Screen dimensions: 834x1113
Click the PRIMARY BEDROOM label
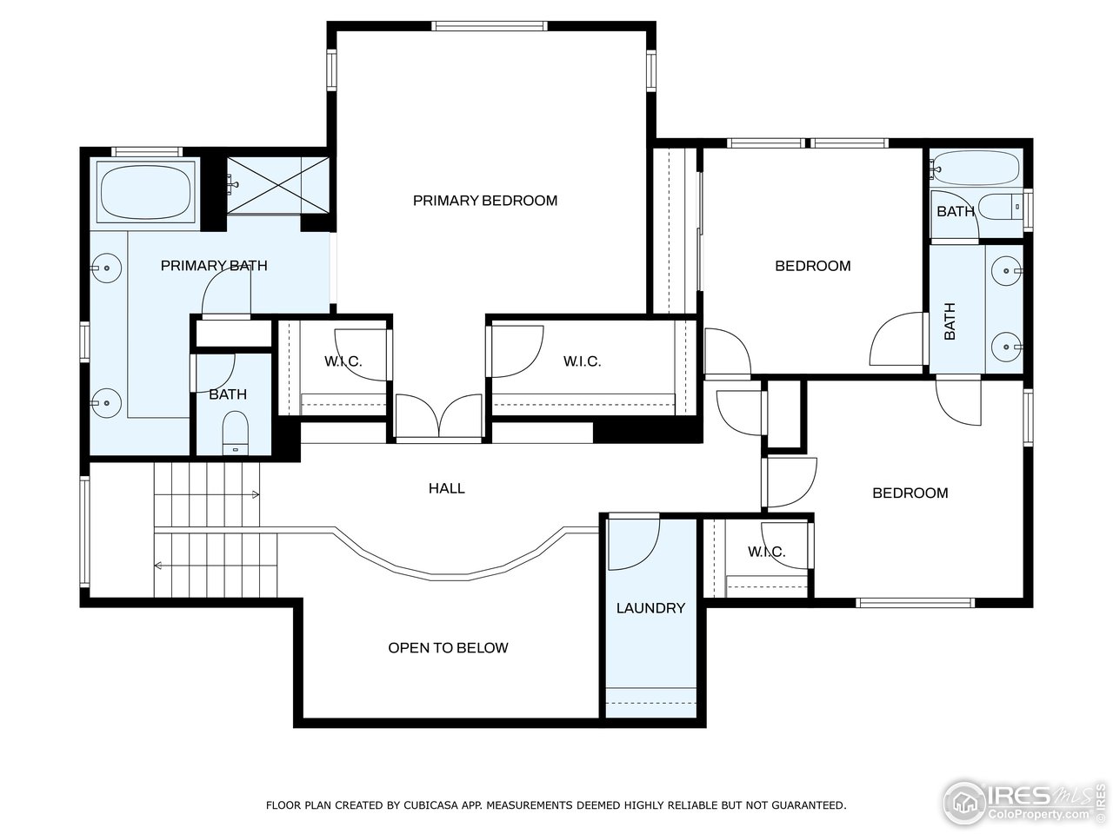484,201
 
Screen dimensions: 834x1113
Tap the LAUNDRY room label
650,608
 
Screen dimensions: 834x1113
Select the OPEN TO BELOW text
448,648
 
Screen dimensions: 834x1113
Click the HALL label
446,488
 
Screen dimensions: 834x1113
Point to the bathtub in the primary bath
145,193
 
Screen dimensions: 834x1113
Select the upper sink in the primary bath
106,268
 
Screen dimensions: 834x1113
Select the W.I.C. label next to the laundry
766,552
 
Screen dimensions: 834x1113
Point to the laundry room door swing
633,543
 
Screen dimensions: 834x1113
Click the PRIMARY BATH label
214,266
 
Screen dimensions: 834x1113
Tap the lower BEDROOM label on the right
910,493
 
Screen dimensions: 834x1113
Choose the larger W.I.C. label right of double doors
582,361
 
